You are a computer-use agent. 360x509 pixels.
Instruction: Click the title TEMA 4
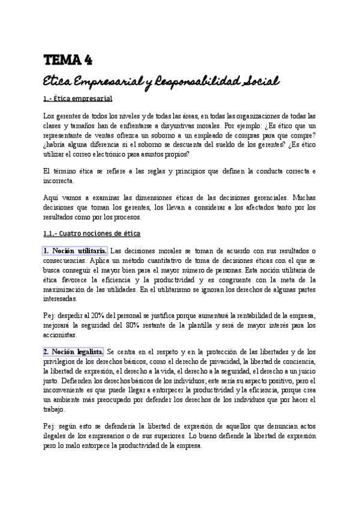tap(67, 59)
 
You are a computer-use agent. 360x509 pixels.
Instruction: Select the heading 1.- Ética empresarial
tap(78, 98)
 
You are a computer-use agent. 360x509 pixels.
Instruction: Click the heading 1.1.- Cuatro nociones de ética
tap(92, 233)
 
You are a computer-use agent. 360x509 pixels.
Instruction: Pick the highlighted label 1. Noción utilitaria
tap(75, 250)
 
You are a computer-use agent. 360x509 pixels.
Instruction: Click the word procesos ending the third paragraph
tap(127, 217)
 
